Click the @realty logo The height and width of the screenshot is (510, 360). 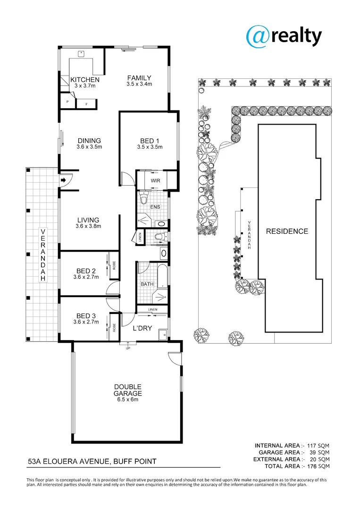(x=284, y=36)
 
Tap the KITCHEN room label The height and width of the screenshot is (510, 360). (x=85, y=80)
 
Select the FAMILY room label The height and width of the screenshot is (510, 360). (x=139, y=78)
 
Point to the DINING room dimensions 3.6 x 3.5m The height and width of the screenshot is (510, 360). (x=89, y=147)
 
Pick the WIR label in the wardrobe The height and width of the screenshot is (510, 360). (x=155, y=180)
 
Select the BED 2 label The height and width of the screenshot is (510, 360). (x=86, y=271)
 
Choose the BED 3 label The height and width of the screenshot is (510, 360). (x=86, y=316)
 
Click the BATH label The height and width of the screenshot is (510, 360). (x=147, y=284)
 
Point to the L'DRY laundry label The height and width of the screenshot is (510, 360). (x=142, y=328)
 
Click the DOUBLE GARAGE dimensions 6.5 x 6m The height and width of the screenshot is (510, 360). (x=127, y=399)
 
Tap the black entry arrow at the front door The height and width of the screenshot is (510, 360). (x=63, y=180)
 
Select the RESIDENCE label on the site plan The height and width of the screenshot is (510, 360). (x=287, y=231)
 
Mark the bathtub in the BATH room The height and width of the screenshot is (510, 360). (x=161, y=275)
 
